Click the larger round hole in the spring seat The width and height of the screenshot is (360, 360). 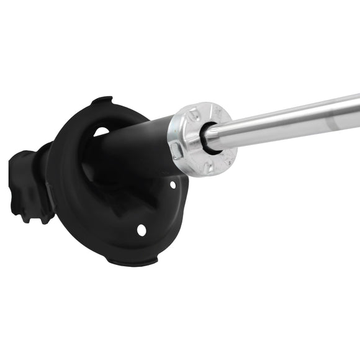point(142,230)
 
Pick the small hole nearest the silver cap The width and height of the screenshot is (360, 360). point(173,184)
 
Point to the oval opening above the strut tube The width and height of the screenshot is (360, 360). point(101,131)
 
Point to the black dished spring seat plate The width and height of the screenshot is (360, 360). point(74,205)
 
